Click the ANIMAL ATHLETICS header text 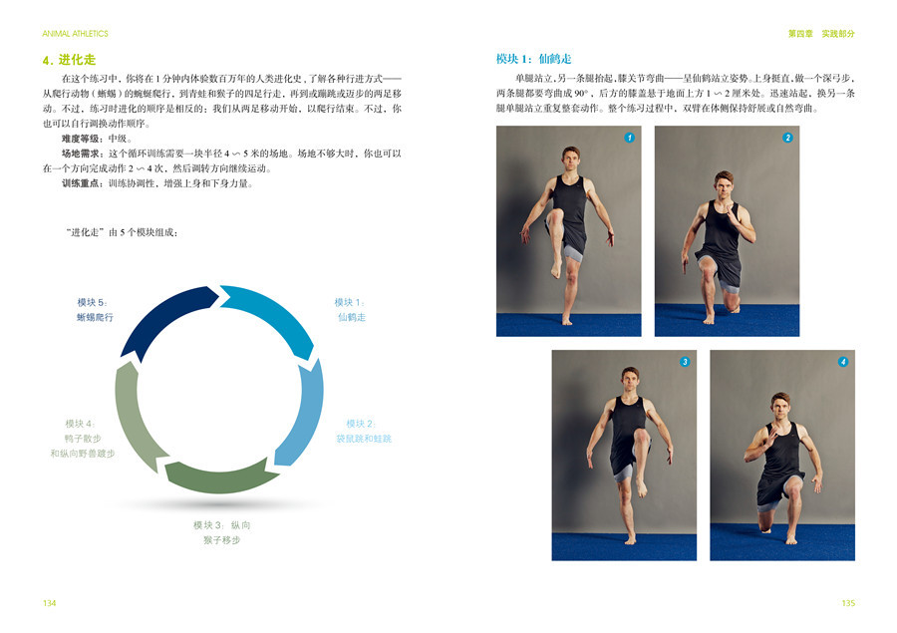click(75, 34)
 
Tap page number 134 click(49, 603)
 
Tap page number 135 click(848, 603)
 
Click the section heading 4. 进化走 click(69, 60)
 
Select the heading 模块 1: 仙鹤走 click(534, 59)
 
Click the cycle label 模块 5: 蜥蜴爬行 click(95, 310)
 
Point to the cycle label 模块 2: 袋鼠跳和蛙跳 click(364, 431)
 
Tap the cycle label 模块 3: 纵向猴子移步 click(221, 532)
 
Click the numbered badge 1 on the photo click(629, 138)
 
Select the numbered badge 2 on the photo click(787, 138)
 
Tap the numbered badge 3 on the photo click(685, 362)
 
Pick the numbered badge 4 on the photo click(843, 362)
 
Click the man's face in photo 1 click(570, 159)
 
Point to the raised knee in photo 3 click(642, 438)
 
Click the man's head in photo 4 click(779, 406)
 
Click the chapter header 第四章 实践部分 click(821, 34)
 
